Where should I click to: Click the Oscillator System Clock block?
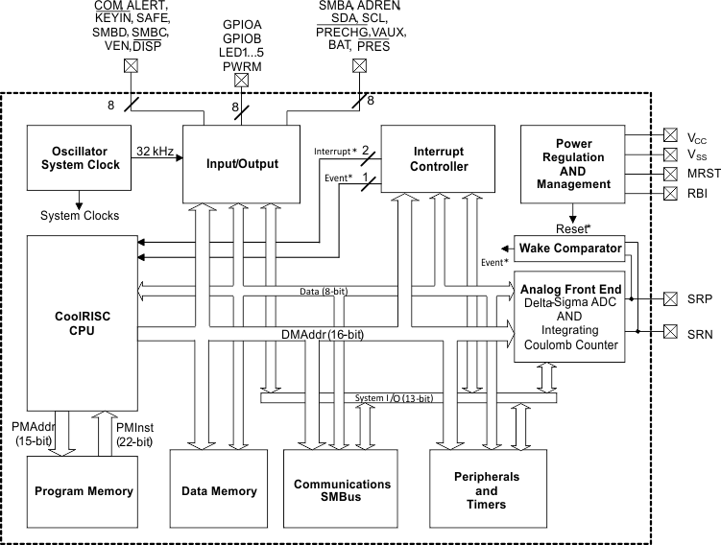click(x=80, y=157)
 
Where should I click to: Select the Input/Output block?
click(x=241, y=164)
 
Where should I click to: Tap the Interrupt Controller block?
click(x=440, y=159)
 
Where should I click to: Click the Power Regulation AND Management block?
click(x=574, y=164)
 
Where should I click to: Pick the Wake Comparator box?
click(x=568, y=249)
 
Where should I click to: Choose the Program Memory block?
click(x=84, y=491)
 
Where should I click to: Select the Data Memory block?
click(x=219, y=491)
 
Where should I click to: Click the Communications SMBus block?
click(x=342, y=491)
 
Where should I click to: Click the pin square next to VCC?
click(x=670, y=136)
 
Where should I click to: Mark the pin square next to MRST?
click(x=670, y=174)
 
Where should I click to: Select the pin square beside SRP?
click(x=670, y=299)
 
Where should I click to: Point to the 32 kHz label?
click(x=155, y=151)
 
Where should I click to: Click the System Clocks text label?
click(x=80, y=215)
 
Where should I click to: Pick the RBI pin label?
click(x=698, y=193)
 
